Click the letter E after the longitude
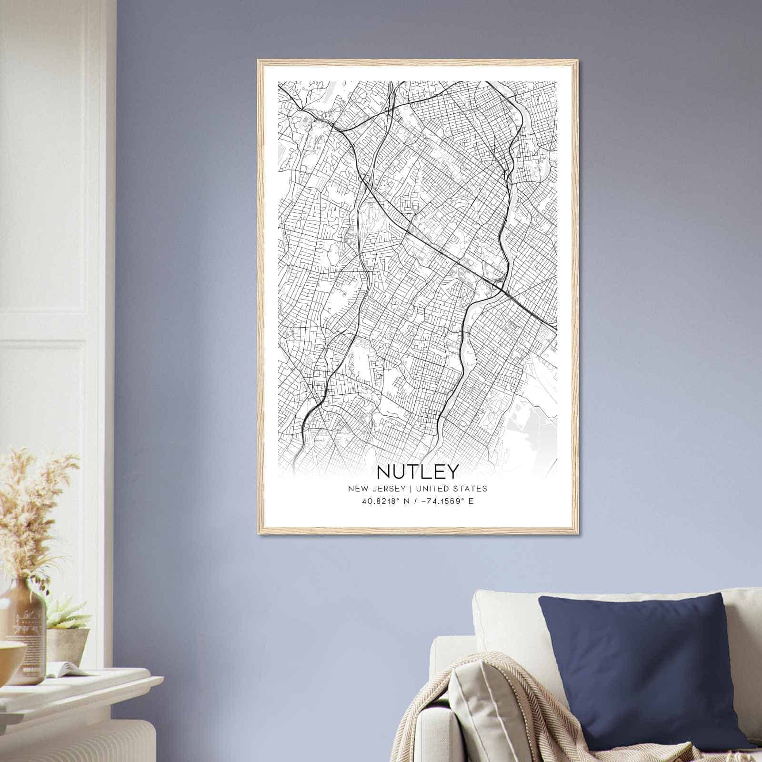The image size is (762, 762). (471, 501)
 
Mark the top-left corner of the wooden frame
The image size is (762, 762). (259, 61)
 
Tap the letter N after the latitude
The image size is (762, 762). (404, 501)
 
